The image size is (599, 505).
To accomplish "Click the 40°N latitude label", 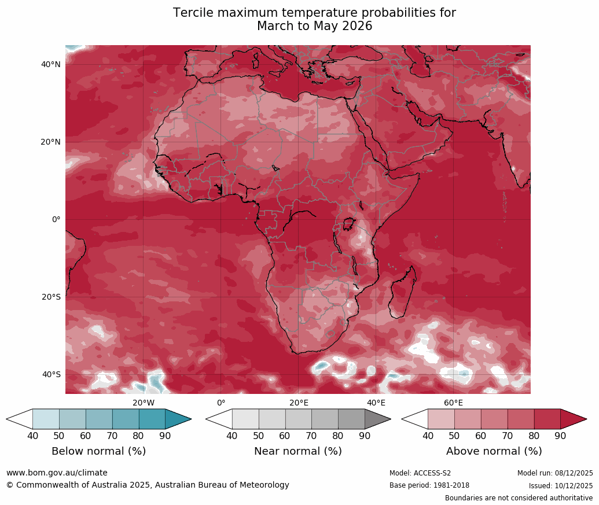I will coord(51,65).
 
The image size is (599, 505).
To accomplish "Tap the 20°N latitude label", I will coord(51,142).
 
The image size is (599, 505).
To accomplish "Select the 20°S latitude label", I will coord(51,297).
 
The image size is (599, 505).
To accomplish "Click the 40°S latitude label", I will coord(51,375).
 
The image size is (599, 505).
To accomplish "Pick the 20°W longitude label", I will coord(144,403).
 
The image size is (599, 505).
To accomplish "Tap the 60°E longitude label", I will coord(453,403).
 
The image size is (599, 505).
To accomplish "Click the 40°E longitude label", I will coord(376,403).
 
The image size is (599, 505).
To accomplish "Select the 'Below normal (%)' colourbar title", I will coord(98,451).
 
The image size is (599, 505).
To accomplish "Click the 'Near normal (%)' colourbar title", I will coord(298,451).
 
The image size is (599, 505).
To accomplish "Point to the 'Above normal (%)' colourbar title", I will coord(494,451).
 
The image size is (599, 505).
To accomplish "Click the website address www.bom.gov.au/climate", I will coord(57,473).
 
